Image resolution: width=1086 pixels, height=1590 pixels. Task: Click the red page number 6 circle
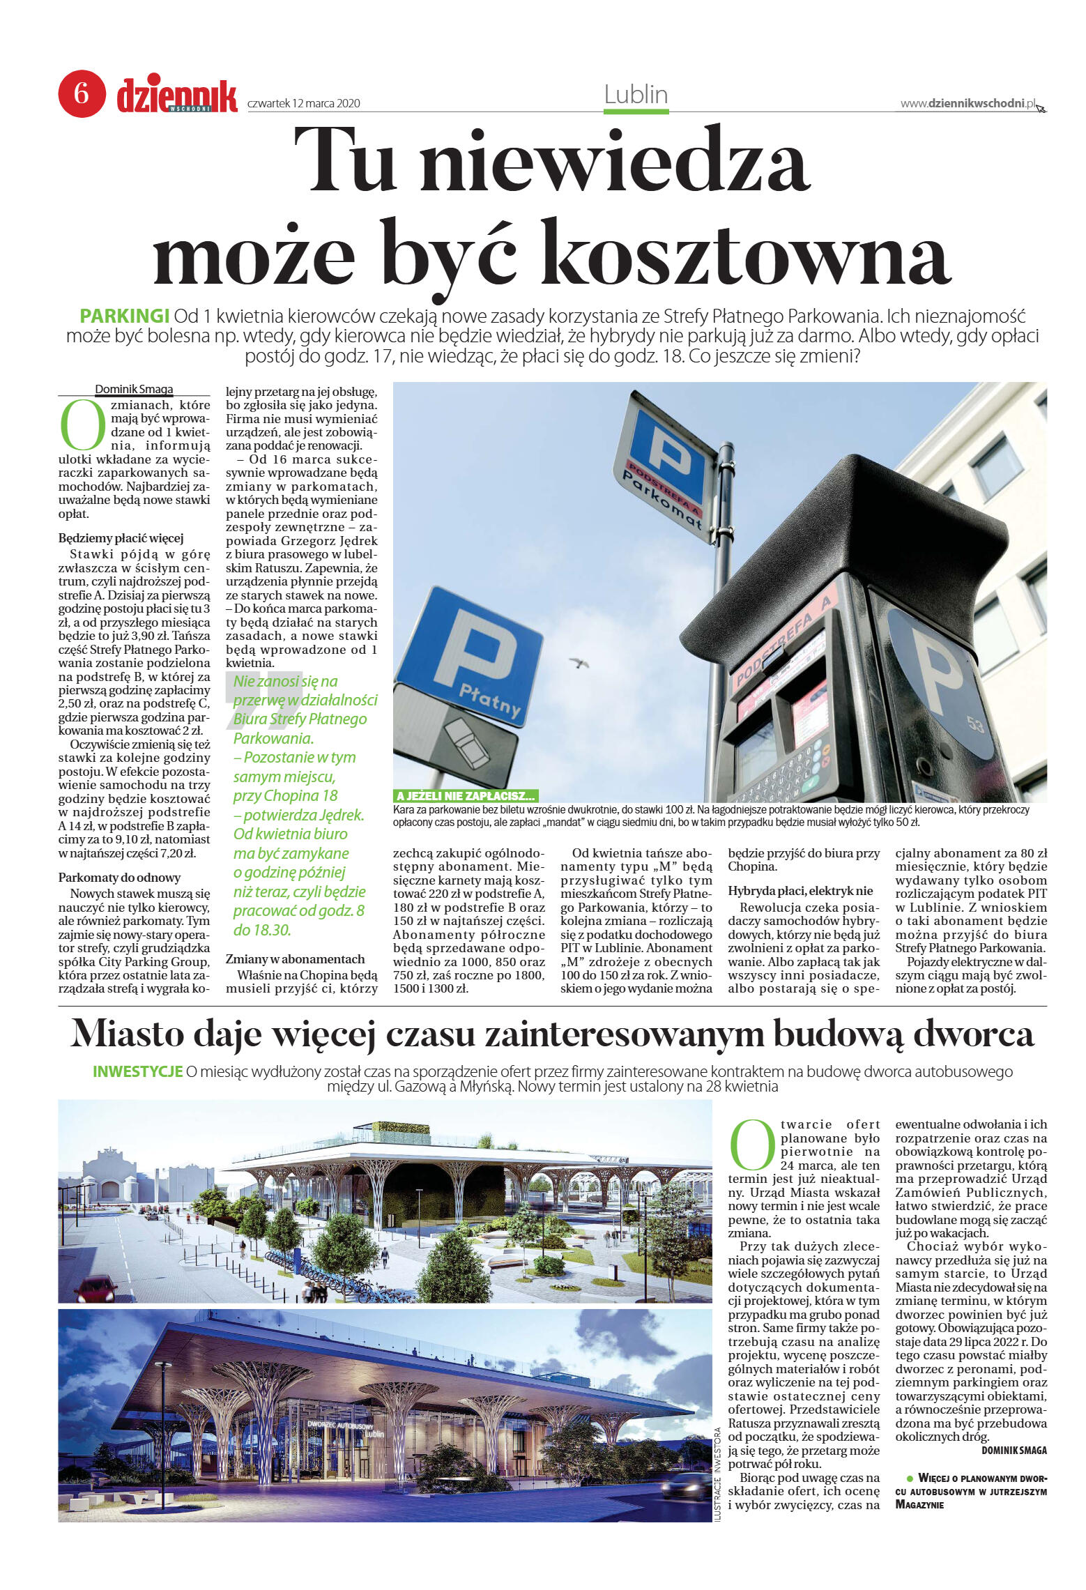tap(82, 93)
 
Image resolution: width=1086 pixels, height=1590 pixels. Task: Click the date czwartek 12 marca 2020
tap(303, 103)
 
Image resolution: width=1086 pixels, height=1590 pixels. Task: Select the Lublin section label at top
tap(635, 95)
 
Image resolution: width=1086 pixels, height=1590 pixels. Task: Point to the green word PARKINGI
tap(125, 316)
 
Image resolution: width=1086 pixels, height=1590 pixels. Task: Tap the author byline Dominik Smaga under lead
tap(134, 389)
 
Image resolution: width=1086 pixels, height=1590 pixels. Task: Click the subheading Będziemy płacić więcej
tap(121, 538)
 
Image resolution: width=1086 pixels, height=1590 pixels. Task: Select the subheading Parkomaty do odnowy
tap(119, 878)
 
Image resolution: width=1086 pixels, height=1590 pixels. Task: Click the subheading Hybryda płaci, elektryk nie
tap(800, 891)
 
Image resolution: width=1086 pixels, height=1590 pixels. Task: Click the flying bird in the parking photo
tap(579, 662)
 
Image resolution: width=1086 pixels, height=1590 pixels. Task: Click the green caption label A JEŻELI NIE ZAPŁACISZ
tap(465, 795)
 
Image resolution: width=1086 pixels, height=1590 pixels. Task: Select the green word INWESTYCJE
tap(137, 1071)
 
